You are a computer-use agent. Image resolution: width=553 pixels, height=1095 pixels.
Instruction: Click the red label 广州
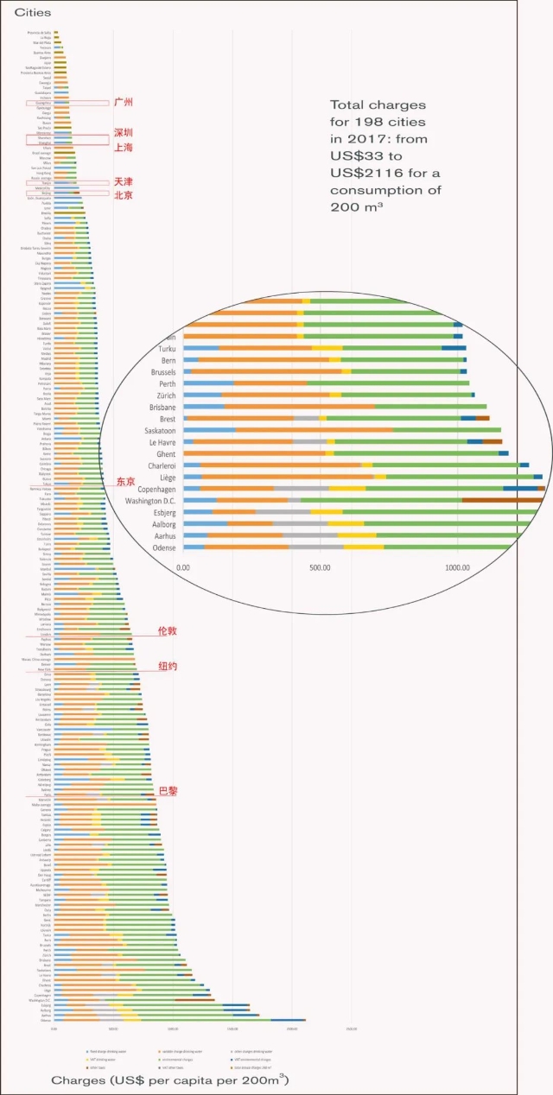click(x=124, y=102)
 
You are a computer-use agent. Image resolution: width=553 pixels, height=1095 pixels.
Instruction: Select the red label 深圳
click(x=124, y=133)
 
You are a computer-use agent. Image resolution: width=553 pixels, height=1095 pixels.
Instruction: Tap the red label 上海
click(x=124, y=148)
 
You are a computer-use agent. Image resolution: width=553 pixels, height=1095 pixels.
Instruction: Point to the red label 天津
click(x=124, y=182)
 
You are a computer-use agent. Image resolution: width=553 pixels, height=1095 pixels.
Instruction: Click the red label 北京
click(x=124, y=195)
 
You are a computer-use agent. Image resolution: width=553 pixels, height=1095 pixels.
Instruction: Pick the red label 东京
click(x=125, y=481)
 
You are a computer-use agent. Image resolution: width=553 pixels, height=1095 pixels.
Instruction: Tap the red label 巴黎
click(x=168, y=791)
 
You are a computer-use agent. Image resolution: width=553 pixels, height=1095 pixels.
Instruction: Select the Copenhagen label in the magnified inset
click(x=152, y=488)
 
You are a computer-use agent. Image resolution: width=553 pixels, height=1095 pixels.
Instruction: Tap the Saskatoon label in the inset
click(x=159, y=430)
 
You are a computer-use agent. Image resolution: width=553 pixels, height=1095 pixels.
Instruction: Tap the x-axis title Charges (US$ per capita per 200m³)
click(x=169, y=1080)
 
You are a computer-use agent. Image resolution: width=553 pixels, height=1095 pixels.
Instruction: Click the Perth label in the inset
click(x=164, y=383)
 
